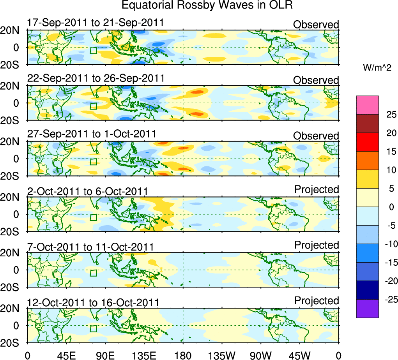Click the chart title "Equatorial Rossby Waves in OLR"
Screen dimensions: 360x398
[x=207, y=5]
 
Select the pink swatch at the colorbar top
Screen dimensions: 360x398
[x=367, y=105]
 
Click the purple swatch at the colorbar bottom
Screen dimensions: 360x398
[x=367, y=309]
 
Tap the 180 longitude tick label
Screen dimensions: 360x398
[x=183, y=355]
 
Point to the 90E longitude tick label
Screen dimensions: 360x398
[x=105, y=355]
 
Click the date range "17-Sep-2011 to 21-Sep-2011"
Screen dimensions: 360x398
[x=96, y=23]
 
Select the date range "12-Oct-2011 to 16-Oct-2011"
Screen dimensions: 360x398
[x=93, y=302]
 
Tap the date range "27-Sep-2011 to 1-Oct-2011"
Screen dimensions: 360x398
[x=92, y=134]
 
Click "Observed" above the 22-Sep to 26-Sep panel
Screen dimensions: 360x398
[x=316, y=80]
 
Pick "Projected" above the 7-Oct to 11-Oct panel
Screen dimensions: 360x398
[x=317, y=245]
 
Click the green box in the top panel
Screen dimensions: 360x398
[x=93, y=50]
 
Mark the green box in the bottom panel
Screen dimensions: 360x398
[x=93, y=328]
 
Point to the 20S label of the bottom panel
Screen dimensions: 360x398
[x=13, y=342]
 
